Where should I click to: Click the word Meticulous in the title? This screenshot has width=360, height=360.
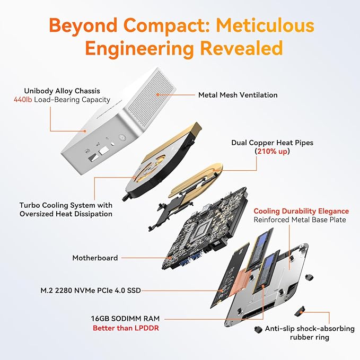[x=265, y=25]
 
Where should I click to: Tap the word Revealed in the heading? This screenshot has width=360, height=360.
[x=241, y=48]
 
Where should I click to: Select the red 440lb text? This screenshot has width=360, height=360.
[x=23, y=100]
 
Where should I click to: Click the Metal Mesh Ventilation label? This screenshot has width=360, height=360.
[x=238, y=95]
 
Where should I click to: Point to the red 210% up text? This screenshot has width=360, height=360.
[x=273, y=151]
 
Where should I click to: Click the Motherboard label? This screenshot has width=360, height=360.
[x=95, y=258]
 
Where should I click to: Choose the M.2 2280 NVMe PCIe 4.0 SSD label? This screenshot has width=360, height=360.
[x=91, y=291]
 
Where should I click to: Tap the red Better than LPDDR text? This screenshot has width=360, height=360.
[x=126, y=328]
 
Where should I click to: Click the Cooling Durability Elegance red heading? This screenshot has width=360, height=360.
[x=301, y=211]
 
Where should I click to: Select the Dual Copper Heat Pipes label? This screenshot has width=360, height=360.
[x=273, y=143]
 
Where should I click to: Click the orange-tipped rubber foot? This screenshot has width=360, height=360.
[x=300, y=311]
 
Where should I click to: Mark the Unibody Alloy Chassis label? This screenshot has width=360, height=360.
[x=62, y=91]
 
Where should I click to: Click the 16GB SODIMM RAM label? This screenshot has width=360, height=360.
[x=125, y=319]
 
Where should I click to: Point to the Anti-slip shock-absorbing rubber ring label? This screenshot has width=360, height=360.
[x=310, y=333]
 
